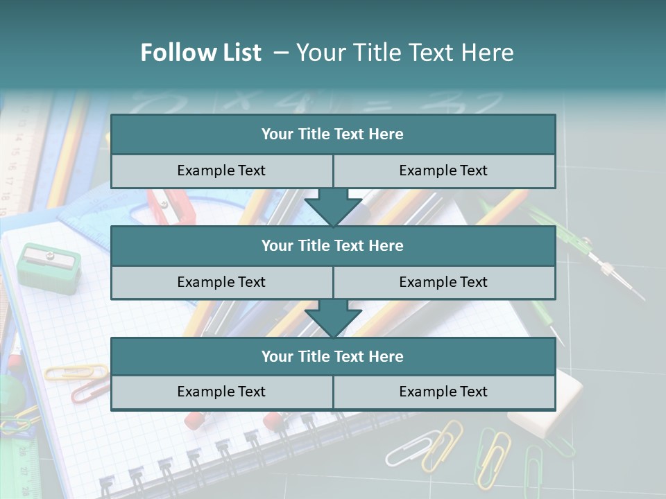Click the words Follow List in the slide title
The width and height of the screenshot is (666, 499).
200,53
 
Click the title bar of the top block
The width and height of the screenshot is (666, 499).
333,134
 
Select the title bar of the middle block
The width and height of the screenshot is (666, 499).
333,245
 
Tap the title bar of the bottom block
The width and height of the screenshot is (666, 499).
333,356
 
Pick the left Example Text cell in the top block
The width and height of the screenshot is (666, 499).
221,170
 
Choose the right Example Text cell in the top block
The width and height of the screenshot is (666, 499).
444,170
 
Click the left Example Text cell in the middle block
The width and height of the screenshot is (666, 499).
221,282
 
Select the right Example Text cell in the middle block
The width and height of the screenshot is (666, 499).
444,282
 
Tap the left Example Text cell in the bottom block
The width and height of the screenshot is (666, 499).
221,392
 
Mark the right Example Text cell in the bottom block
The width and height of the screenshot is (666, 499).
444,392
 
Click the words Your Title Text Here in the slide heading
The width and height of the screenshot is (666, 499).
404,53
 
